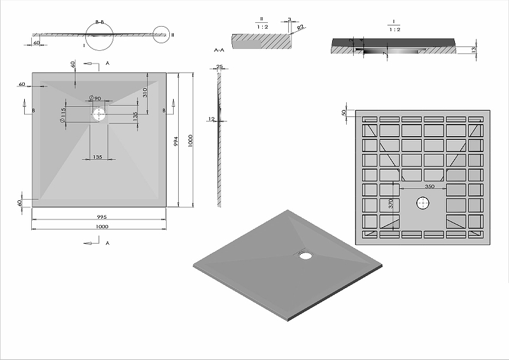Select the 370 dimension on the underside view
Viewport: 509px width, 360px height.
391,205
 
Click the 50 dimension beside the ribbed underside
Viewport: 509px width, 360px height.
344,113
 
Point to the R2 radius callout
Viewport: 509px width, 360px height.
298,28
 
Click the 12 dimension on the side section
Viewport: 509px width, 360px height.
211,118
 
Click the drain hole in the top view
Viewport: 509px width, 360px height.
99,114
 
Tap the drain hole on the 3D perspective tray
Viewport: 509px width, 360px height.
305,256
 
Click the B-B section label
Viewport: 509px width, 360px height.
100,22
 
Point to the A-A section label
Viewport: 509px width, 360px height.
219,48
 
